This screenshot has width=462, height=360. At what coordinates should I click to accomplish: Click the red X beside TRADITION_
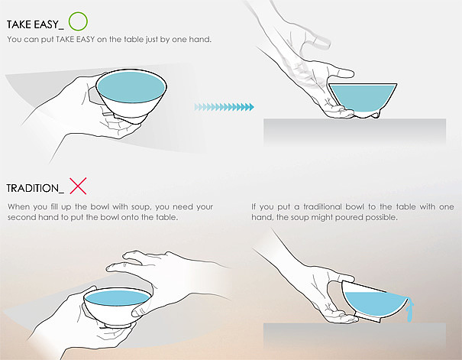tap(78, 186)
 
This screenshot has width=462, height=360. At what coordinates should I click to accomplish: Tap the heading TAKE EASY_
tap(35, 24)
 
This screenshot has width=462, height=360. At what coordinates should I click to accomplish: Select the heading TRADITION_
tap(35, 188)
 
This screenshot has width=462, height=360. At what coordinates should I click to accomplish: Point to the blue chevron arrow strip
tap(224, 107)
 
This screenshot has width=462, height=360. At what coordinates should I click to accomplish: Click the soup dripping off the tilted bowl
tap(410, 310)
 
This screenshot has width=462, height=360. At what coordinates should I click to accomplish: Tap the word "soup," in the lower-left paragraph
tap(141, 207)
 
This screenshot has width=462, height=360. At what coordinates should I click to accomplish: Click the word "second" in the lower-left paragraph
tap(19, 218)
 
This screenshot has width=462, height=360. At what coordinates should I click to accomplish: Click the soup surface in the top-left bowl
tap(131, 87)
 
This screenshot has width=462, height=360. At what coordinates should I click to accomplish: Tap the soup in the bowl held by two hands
tap(118, 298)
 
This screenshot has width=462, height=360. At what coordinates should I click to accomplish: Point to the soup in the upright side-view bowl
tap(363, 96)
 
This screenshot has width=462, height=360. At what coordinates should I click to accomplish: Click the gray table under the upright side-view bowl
tap(354, 131)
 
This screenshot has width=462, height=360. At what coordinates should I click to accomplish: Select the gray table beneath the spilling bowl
tap(354, 336)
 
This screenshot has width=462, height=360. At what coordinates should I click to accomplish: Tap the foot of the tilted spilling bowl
tap(368, 318)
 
